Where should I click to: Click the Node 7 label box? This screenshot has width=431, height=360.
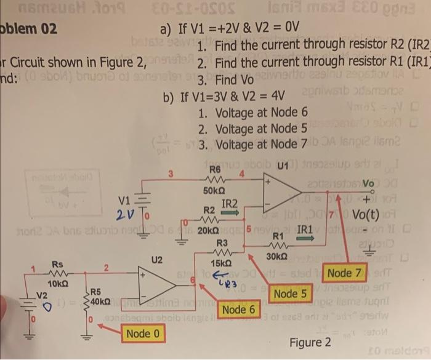point(348,271)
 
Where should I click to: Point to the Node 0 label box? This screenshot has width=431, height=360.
point(143,334)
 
